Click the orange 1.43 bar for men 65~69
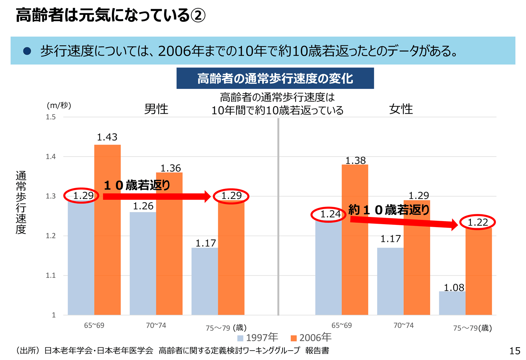pos(107,229)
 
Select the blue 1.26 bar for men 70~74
pos(143,263)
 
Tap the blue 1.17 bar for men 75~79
pos(204,281)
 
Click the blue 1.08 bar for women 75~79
pos(452,303)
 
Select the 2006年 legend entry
pos(311,337)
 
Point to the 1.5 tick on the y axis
pos(51,117)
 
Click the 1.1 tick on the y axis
pos(51,276)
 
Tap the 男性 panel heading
pos(156,109)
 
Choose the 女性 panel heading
pos(401,109)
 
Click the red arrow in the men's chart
pos(156,196)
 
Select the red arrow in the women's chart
pos(404,222)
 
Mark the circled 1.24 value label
pos(329,214)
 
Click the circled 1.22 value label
pos(477,222)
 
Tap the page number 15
pos(514,351)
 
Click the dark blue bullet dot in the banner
pos(27,51)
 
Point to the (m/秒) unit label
pos(59,105)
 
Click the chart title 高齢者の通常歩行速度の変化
pos(275,78)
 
